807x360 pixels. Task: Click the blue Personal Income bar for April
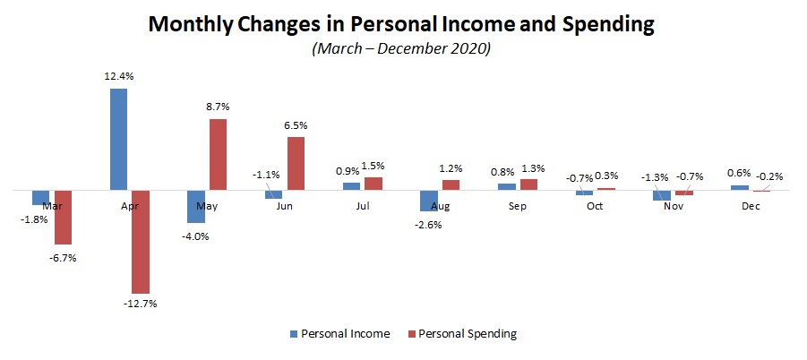pos(118,139)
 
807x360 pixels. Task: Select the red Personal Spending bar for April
pos(142,242)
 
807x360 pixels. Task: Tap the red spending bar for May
pos(218,154)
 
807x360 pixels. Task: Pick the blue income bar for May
pos(195,206)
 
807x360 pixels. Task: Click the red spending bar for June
pos(296,163)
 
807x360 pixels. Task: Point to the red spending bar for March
pos(63,217)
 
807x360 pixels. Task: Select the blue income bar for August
pos(429,201)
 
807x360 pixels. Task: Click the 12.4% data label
pos(118,77)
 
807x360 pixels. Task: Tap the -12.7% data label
pos(142,304)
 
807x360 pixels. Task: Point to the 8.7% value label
pos(219,107)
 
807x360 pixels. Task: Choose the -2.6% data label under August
pos(428,224)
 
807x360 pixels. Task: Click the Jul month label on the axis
pos(361,206)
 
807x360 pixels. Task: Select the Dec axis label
pos(751,206)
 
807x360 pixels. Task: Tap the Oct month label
pos(595,206)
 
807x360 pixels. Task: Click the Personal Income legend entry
pos(345,334)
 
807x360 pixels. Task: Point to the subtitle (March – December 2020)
pos(402,49)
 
